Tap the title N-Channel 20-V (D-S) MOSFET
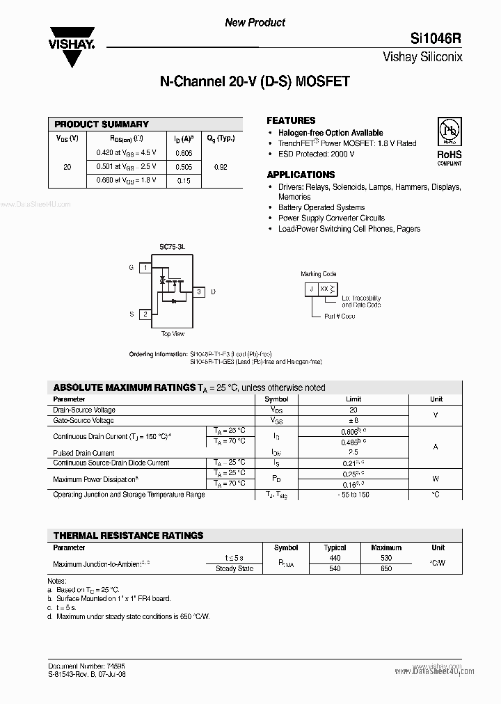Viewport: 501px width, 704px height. [255, 82]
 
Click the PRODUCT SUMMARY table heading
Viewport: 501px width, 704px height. [102, 125]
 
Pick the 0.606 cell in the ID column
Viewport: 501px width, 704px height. [184, 153]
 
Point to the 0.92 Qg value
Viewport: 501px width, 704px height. [221, 167]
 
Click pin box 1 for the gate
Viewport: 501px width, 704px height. [145, 268]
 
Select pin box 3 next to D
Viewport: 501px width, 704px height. [198, 291]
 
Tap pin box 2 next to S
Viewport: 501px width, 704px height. [145, 314]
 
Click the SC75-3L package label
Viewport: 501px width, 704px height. [172, 247]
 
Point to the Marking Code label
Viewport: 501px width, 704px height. [319, 275]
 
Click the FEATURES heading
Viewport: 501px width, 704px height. [291, 120]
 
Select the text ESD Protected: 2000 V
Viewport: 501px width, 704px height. [316, 154]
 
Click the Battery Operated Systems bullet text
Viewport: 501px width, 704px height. [321, 207]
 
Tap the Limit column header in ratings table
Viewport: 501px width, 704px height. [353, 399]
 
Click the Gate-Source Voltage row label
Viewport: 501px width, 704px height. [83, 421]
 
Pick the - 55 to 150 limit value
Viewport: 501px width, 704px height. [353, 495]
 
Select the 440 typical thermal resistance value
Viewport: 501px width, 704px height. [335, 558]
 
